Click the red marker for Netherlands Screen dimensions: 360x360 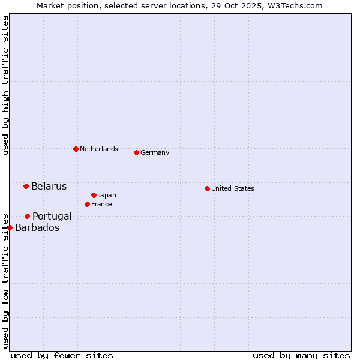coord(76,149)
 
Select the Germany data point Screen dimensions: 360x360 coord(136,152)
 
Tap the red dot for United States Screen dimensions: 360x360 coord(207,188)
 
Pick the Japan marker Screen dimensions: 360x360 coord(94,195)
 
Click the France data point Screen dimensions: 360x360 coord(87,204)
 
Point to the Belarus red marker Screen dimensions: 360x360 coord(26,186)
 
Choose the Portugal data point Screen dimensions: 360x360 coord(27,216)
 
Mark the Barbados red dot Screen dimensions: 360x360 coord(10,227)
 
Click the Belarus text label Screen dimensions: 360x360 coord(49,186)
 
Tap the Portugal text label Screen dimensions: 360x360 coord(52,216)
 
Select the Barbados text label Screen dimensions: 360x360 coord(37,227)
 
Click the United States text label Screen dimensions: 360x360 coord(233,188)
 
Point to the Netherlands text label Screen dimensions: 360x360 coord(99,149)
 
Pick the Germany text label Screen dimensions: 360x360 coord(155,152)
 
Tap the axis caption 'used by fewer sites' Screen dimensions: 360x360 coord(62,355)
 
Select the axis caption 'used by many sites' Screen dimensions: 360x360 coord(301,355)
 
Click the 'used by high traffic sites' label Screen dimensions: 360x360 coord(5,86)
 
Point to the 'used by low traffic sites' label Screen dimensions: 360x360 coord(5,280)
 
